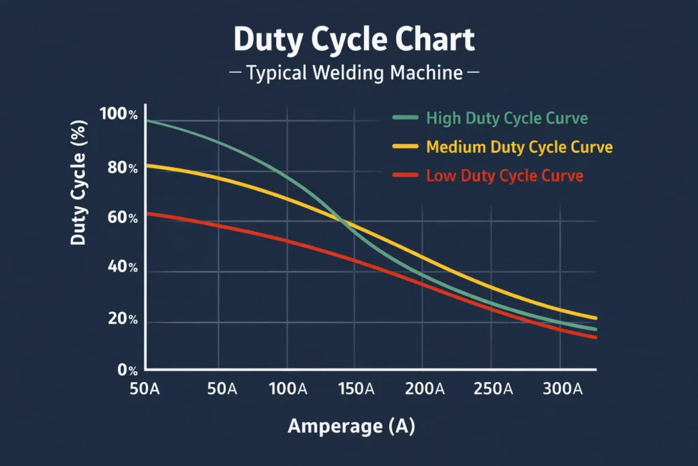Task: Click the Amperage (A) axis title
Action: pos(351,426)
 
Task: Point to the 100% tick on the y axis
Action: pos(119,115)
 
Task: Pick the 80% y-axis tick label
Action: pos(122,168)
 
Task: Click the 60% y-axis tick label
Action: pos(122,219)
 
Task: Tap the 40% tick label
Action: pos(122,269)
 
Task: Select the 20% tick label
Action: pos(122,320)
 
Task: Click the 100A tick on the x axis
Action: pos(288,390)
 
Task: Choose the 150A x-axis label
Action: pos(356,390)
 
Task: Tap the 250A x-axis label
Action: pos(494,390)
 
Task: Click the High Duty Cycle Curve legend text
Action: pos(506,118)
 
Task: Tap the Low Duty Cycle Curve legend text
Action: pos(504,176)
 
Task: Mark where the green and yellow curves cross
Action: pos(344,221)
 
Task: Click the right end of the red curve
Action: pos(595,337)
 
